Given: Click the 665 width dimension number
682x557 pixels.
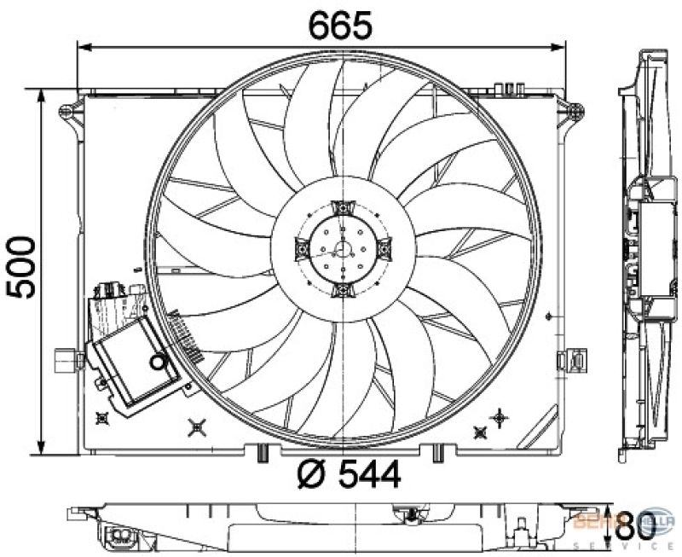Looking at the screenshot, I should pos(340,26).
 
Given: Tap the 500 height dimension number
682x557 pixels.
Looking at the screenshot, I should pos(23,266).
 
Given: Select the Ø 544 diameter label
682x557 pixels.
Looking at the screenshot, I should pos(349,474).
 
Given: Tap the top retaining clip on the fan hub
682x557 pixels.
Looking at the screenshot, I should pos(343,207).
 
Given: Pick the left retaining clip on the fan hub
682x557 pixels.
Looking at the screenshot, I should pos(301,249).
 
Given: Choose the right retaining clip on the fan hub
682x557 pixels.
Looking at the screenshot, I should pos(384,249).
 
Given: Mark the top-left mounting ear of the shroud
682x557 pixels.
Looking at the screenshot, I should pos(66,111).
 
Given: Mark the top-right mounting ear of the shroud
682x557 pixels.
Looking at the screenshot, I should pos(576,110).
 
